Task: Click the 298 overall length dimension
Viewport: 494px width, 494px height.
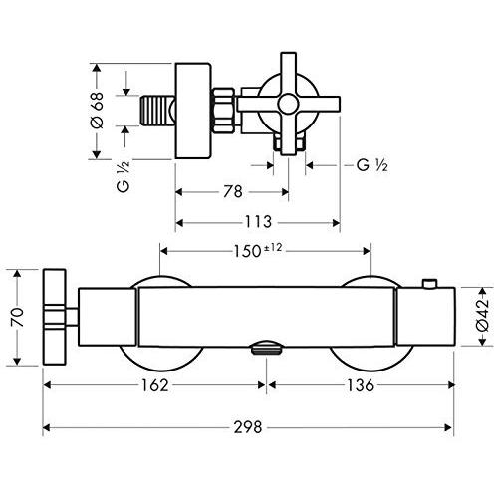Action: point(248,427)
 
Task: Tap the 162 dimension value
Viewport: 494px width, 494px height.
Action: point(155,385)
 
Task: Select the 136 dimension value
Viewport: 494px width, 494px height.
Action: point(361,385)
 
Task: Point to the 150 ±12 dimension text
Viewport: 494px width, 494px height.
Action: point(258,250)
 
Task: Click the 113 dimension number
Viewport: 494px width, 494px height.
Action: point(258,221)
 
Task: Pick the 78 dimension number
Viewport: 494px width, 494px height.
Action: point(233,191)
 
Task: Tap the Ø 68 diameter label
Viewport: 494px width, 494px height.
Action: point(97,111)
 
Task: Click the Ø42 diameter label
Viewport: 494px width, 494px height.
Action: point(482,315)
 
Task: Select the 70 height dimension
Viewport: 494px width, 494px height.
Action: point(17,317)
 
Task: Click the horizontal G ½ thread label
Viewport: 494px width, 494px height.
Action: point(372,165)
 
